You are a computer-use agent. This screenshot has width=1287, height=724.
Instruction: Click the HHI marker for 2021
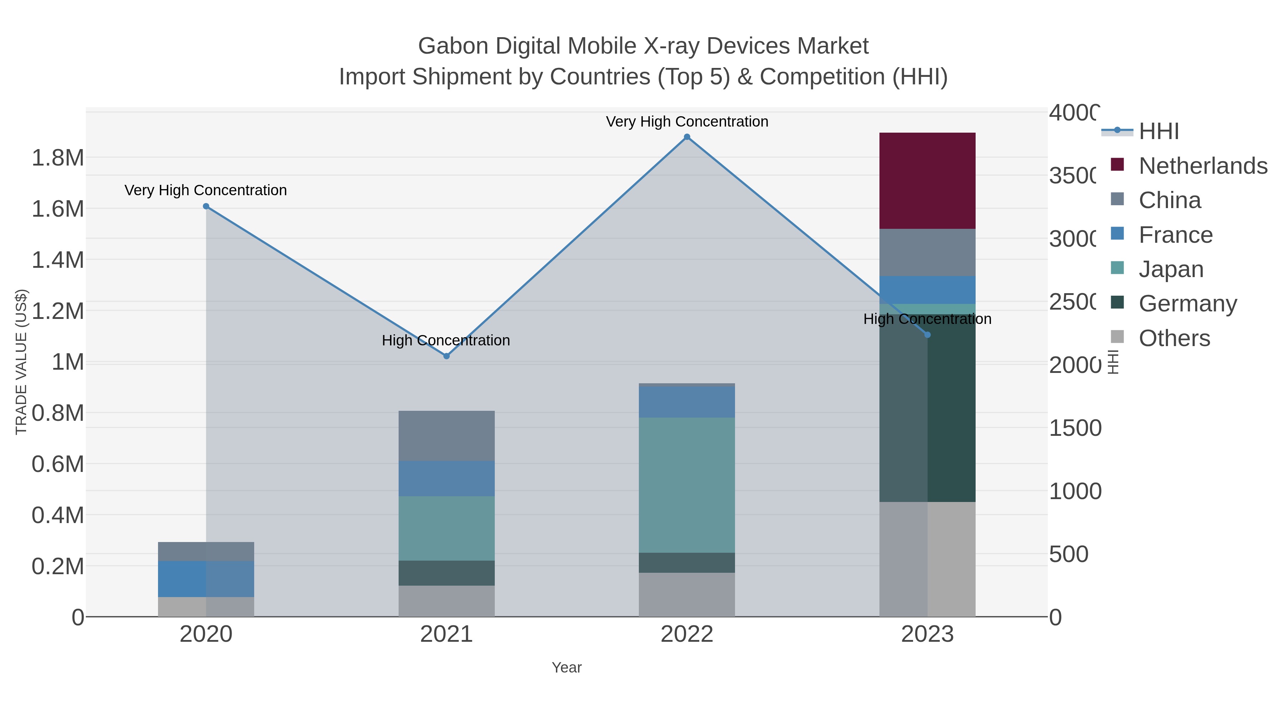click(x=446, y=356)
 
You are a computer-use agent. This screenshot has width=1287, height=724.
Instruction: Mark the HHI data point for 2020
click(x=206, y=206)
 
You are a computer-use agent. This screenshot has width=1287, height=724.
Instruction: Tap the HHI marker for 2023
click(x=927, y=335)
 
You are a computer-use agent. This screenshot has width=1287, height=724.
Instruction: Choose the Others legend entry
click(x=1174, y=338)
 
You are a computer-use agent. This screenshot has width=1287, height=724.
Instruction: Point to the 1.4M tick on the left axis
click(x=58, y=260)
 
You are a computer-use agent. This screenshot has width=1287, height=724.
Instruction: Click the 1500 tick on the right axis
click(x=1075, y=428)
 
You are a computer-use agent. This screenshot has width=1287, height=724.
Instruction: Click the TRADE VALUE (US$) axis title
click(x=21, y=362)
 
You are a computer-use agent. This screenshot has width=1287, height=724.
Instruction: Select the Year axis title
click(x=567, y=668)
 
